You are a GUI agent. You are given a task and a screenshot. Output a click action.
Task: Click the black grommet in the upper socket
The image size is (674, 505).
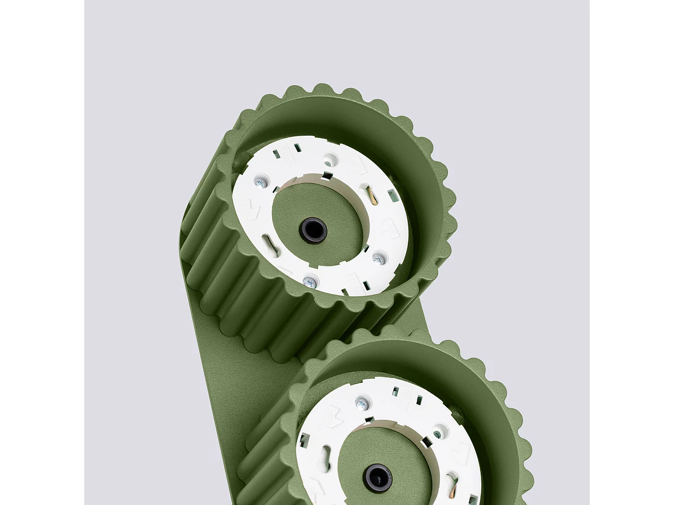click(x=313, y=227)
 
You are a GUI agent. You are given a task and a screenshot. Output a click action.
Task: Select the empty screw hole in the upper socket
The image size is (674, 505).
click(x=329, y=157)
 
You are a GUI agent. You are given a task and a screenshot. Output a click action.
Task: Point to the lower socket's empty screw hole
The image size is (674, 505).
click(x=437, y=434)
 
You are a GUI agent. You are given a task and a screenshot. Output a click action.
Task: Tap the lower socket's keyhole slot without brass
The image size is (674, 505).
click(x=327, y=454)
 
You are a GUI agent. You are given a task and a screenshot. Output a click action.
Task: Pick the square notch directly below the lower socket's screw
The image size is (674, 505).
click(x=369, y=419)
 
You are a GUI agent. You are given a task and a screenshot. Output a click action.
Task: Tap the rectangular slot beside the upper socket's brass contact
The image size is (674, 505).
click(x=392, y=195)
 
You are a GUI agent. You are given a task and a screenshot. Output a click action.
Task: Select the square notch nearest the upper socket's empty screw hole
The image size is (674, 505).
click(x=327, y=174)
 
